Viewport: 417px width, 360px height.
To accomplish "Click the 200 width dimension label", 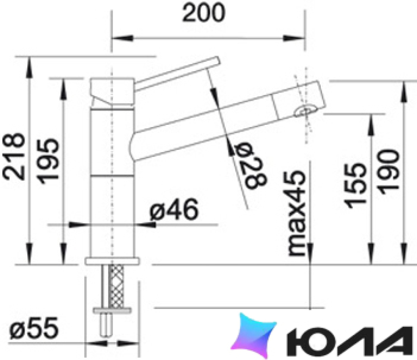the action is point(204,13).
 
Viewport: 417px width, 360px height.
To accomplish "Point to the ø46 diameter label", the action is point(174,210).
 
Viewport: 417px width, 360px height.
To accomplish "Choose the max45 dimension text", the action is point(297,213).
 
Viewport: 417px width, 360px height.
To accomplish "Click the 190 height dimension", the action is point(389,172).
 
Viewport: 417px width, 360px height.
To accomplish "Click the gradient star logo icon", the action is point(254,336).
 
